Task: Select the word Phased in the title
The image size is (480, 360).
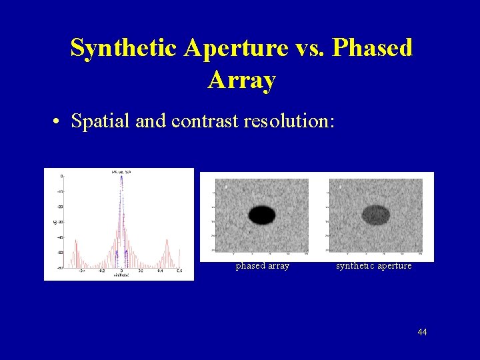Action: point(372,48)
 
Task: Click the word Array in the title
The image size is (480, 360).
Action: point(241,80)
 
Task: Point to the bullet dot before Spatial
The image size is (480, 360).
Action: point(59,122)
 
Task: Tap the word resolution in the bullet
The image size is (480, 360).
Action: point(289,121)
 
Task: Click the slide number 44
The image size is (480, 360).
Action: point(421,332)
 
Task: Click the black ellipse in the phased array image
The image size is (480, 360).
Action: point(262,215)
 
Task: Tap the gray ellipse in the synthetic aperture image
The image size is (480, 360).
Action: point(376,214)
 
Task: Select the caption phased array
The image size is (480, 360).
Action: point(263,266)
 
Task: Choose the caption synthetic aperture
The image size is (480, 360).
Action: point(374,266)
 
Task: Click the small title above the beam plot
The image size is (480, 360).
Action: point(121,172)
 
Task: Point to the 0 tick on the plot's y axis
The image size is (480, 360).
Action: point(62,177)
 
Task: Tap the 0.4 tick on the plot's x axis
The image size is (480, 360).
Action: point(160,271)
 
